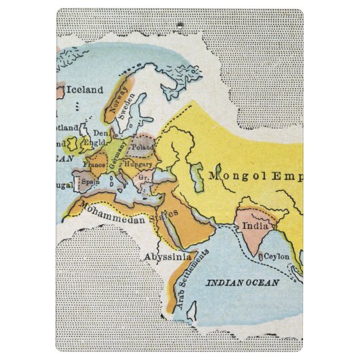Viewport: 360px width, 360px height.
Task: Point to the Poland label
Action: pyautogui.click(x=143, y=147)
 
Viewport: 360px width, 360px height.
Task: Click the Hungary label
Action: pyautogui.click(x=139, y=164)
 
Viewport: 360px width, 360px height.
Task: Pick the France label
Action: pyautogui.click(x=94, y=164)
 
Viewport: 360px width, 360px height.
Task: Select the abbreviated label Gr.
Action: pyautogui.click(x=143, y=177)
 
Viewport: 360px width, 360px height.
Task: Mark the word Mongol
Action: pyautogui.click(x=234, y=176)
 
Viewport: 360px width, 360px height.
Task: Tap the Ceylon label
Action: pyautogui.click(x=276, y=257)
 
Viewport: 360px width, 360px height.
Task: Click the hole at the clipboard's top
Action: pyautogui.click(x=179, y=26)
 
